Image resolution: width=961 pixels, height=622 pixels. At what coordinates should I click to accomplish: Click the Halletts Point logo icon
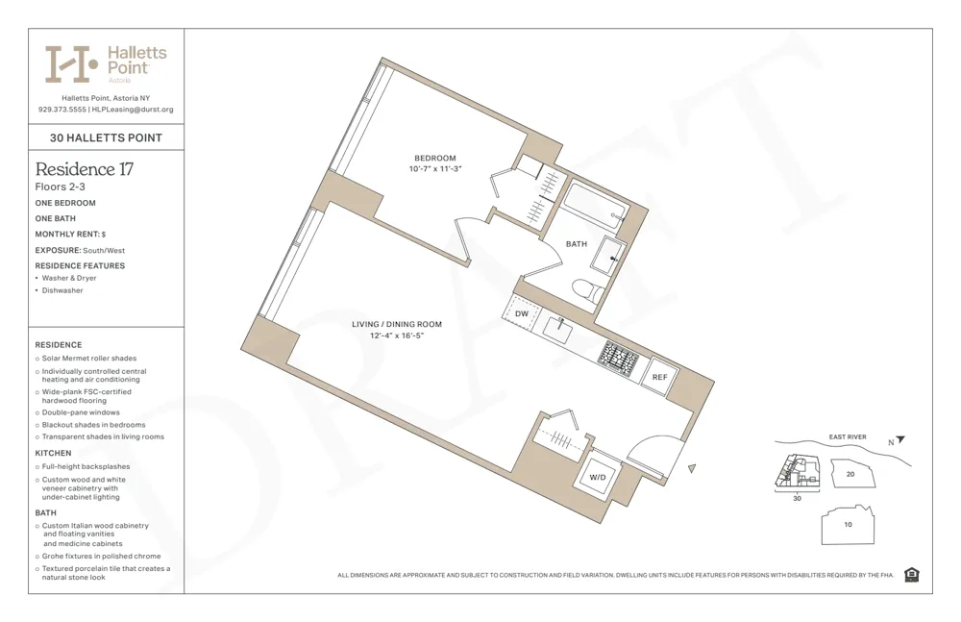72,64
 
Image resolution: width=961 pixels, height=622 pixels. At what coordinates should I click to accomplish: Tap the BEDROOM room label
434,158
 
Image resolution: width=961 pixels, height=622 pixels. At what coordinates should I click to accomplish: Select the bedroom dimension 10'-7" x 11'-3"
434,169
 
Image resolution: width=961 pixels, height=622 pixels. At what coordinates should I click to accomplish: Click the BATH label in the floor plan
576,244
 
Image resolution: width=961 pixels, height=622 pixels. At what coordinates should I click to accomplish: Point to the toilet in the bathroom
587,291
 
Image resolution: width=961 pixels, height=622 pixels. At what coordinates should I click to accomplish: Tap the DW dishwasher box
522,314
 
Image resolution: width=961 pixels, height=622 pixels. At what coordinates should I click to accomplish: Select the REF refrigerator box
659,377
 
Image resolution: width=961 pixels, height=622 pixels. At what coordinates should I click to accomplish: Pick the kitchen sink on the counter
559,328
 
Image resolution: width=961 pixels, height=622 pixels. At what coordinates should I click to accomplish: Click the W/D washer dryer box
597,476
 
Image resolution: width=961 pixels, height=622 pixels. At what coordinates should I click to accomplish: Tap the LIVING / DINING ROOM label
396,325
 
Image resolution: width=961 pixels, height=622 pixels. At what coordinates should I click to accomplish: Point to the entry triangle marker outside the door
692,468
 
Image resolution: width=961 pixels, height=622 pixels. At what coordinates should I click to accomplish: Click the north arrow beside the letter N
900,440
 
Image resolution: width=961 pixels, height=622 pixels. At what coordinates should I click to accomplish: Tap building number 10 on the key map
847,525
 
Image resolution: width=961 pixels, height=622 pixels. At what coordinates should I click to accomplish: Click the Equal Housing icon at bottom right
911,575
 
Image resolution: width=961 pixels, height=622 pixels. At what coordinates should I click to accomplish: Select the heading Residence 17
84,169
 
